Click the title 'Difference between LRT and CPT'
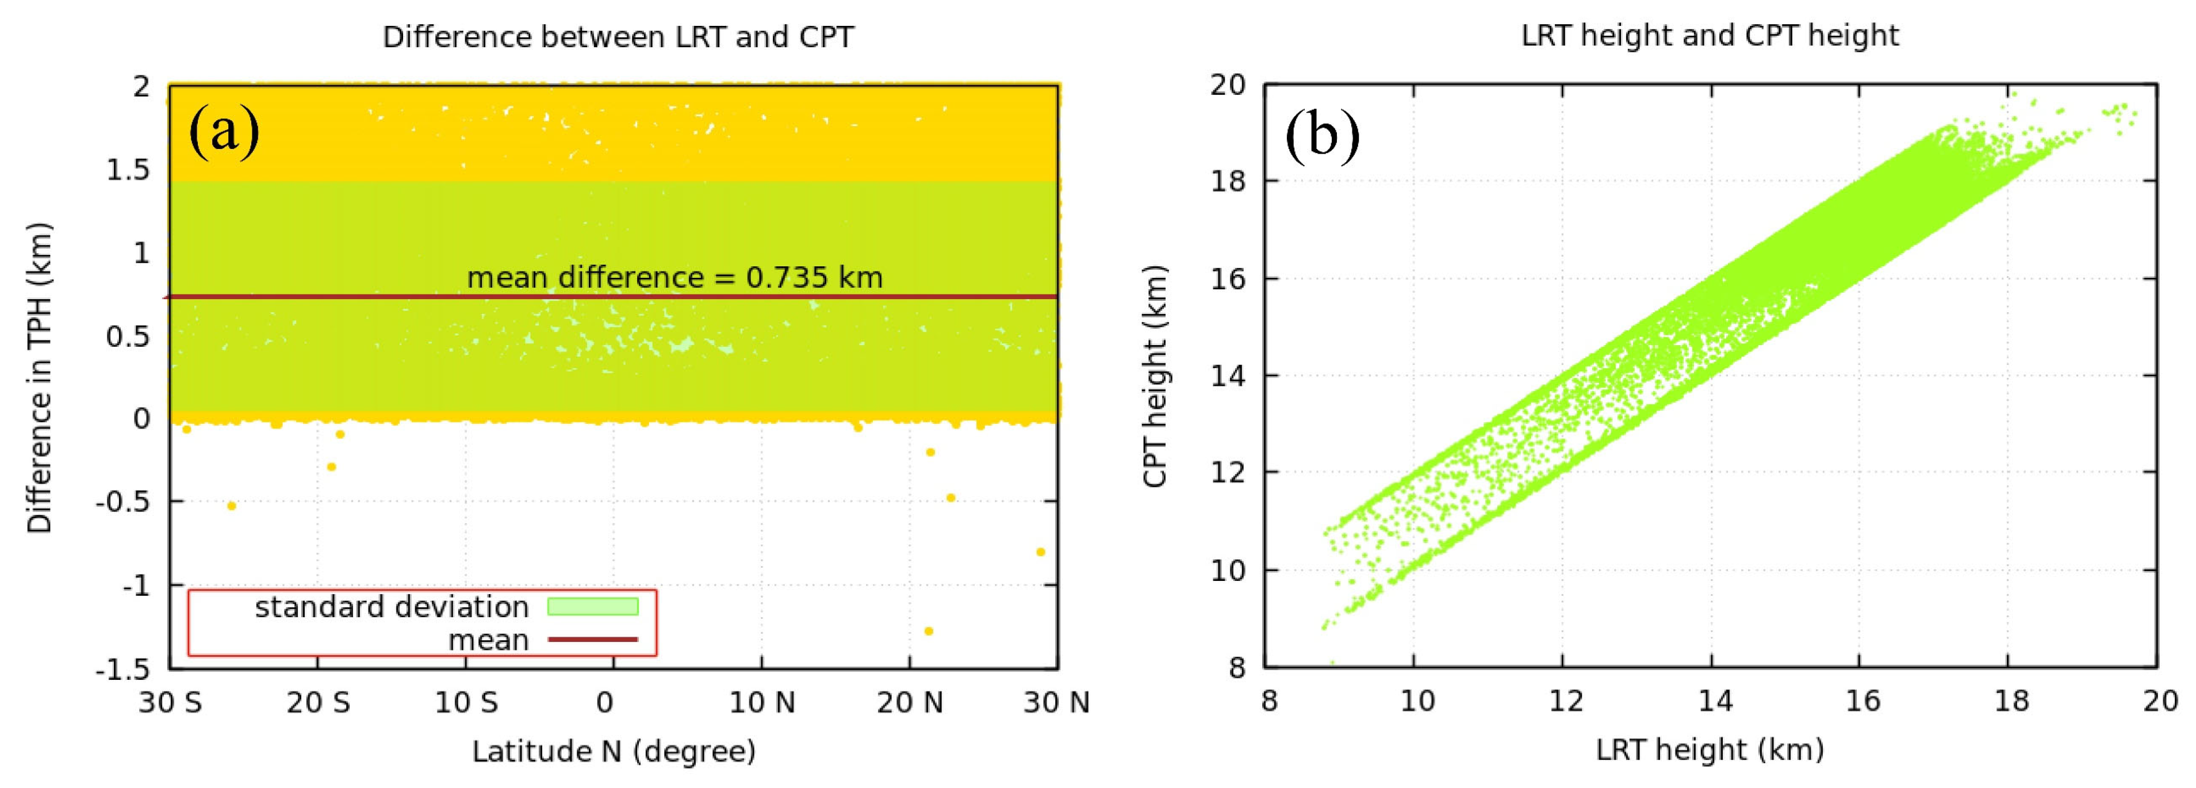618,37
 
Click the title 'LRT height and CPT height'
1710,36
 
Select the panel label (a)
224,131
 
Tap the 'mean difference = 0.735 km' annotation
674,277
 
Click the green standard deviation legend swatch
592,606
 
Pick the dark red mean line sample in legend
592,639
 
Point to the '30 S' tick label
171,703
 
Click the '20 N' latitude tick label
910,703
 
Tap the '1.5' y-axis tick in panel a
128,170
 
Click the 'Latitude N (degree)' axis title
614,751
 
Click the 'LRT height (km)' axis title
1710,749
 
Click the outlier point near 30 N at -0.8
1040,552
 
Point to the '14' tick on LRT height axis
1714,701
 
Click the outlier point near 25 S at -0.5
231,506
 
